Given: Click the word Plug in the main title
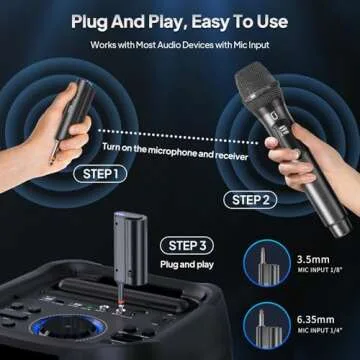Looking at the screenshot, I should [92, 18].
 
